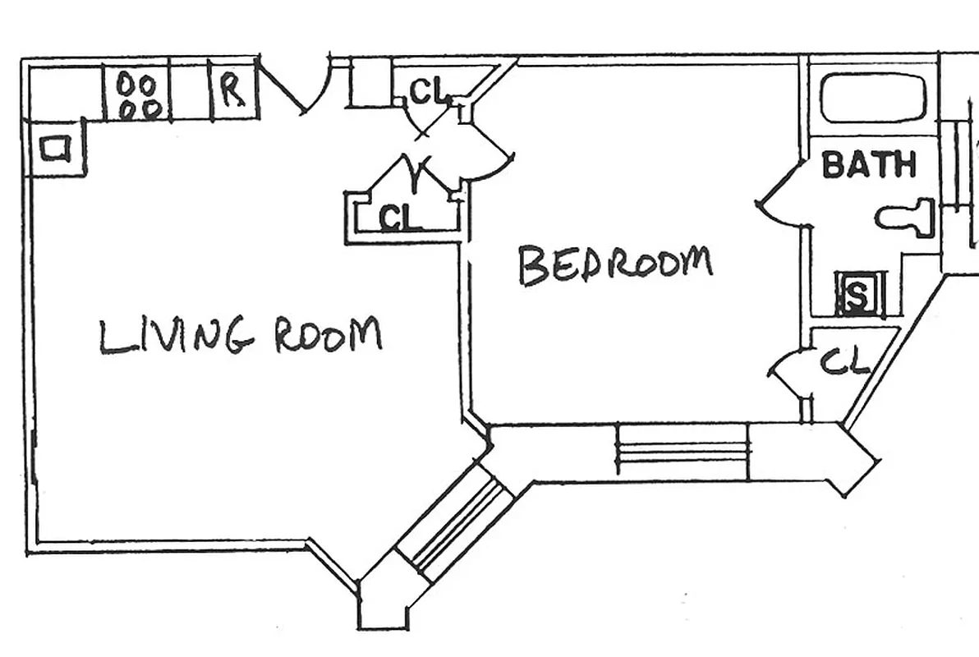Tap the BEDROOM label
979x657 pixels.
coord(615,264)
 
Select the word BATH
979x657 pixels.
coord(868,165)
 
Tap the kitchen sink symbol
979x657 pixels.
coord(56,149)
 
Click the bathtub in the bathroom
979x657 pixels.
coord(873,99)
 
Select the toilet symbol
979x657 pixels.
coord(907,218)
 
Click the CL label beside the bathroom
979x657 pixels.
coord(844,361)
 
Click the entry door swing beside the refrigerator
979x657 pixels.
coord(301,85)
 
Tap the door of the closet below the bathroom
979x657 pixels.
coord(787,371)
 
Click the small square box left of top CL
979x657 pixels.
coord(372,85)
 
